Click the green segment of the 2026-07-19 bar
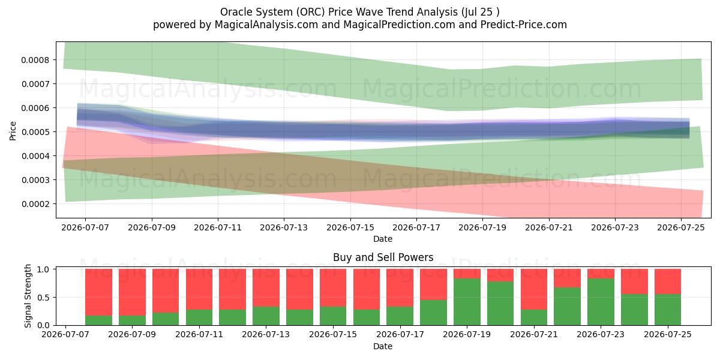[467, 302]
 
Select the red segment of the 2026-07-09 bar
[132, 292]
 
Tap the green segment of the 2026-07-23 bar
[601, 302]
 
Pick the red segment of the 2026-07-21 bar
[534, 289]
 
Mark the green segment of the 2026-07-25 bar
[668, 310]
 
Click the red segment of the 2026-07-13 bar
[266, 287]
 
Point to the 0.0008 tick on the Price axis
[55, 60]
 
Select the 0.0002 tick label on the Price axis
[35, 204]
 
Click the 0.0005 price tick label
[35, 132]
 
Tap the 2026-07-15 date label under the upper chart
[350, 227]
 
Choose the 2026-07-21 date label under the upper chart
[549, 227]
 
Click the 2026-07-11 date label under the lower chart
[199, 334]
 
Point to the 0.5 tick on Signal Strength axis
[55, 298]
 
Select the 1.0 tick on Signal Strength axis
[55, 269]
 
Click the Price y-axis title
[13, 131]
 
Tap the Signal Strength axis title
[28, 296]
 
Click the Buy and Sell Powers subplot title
[383, 257]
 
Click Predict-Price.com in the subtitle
[524, 25]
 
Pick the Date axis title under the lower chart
[383, 346]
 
